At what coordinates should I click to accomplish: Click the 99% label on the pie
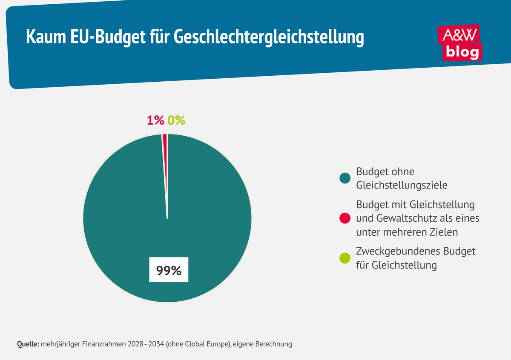[x=169, y=270]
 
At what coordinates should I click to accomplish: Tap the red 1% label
[x=155, y=120]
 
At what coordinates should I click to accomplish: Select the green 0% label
[x=176, y=120]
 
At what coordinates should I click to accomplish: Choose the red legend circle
[x=345, y=219]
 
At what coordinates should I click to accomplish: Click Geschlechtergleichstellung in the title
[x=269, y=37]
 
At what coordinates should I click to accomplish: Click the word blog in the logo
[x=462, y=52]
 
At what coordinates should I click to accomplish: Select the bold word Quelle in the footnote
[x=28, y=344]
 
